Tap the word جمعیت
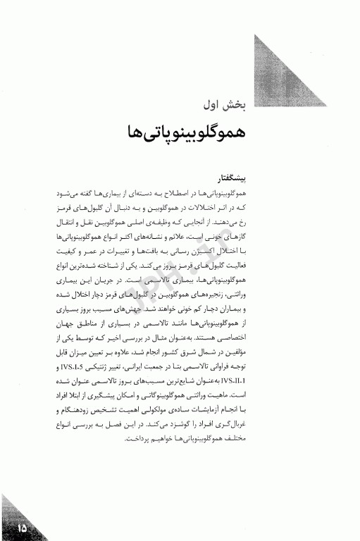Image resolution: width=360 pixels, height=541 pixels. pyautogui.click(x=219, y=368)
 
